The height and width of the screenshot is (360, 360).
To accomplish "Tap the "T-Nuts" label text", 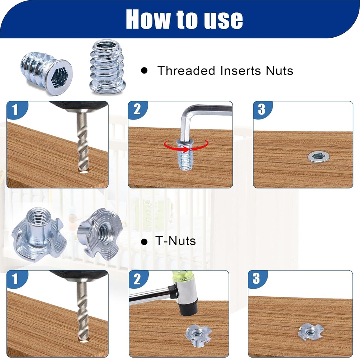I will click(x=175, y=241).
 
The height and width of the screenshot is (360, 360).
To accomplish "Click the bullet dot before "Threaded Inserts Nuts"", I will click(x=144, y=71).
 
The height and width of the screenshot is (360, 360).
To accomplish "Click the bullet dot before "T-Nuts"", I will click(x=143, y=242).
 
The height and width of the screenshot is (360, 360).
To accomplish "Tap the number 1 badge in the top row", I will click(x=15, y=110).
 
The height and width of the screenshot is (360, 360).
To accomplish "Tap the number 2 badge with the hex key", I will click(x=137, y=109).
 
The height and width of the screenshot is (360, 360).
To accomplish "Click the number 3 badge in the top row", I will click(x=262, y=109).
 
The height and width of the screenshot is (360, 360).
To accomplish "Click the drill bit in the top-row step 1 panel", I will click(x=83, y=141).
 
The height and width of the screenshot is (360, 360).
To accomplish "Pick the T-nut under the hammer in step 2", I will click(x=198, y=335).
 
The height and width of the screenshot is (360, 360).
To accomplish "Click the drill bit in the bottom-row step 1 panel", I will click(x=83, y=309).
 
